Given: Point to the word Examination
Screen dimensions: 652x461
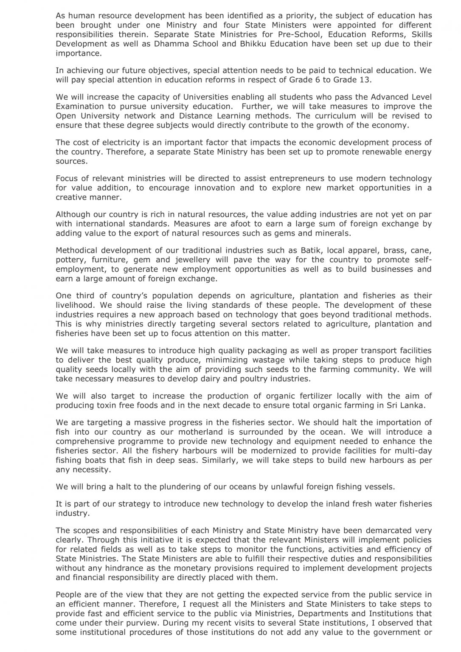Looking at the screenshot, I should pos(80,107).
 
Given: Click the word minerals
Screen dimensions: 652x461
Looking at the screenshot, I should pos(333,233).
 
